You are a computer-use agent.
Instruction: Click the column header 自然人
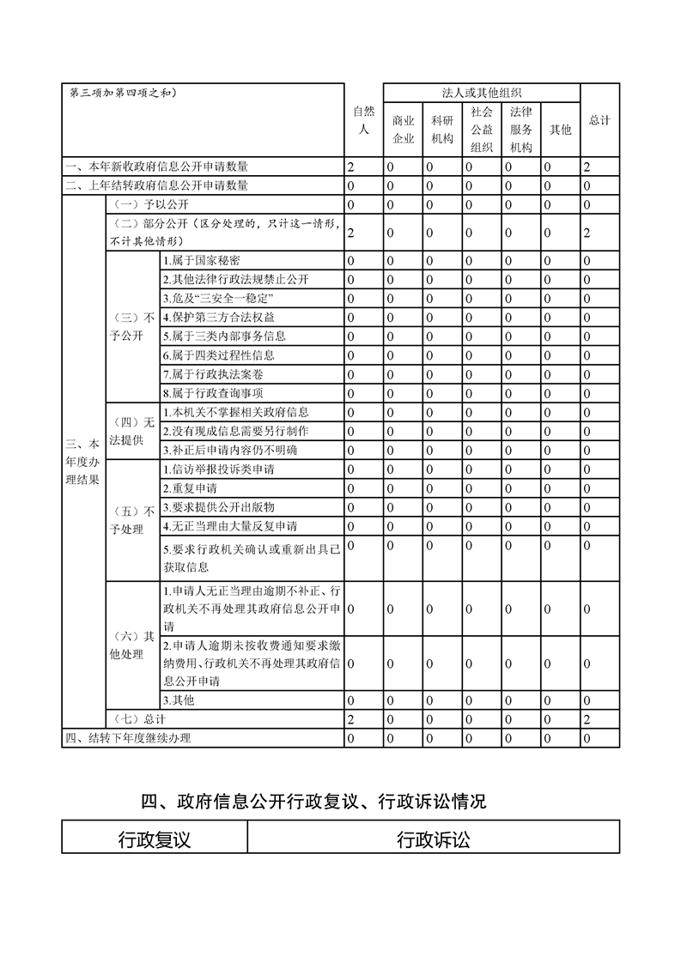(363, 120)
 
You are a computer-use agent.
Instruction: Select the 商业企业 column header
(403, 130)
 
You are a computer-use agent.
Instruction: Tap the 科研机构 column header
(442, 130)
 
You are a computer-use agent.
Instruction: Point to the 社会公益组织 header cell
(482, 130)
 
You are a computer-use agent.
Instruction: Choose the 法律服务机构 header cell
(520, 130)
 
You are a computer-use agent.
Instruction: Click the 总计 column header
(599, 120)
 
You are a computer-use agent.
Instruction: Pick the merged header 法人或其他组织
(482, 93)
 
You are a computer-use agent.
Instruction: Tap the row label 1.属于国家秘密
(202, 260)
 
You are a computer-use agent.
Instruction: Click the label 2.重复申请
(190, 488)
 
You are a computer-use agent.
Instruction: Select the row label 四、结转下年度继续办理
(129, 738)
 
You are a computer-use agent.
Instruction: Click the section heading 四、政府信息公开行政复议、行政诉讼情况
(313, 802)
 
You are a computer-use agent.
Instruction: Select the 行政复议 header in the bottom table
(155, 839)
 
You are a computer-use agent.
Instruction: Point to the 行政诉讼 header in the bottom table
(434, 839)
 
